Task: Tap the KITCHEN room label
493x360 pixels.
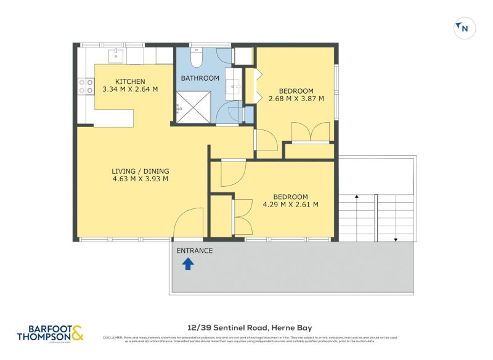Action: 130,81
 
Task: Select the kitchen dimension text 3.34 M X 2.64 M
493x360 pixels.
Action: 130,89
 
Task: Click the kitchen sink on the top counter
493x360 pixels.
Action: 116,56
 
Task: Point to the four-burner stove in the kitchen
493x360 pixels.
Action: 86,86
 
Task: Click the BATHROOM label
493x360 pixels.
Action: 200,78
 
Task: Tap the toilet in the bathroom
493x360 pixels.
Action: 197,57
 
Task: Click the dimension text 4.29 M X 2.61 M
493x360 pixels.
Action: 290,205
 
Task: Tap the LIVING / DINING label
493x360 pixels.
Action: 140,171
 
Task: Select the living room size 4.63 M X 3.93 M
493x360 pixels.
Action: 140,179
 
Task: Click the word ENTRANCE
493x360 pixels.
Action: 195,251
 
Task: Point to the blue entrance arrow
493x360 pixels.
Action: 188,264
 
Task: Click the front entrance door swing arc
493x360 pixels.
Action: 188,223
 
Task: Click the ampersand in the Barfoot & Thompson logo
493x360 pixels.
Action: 77,333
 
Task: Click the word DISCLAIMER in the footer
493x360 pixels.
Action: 113,337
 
